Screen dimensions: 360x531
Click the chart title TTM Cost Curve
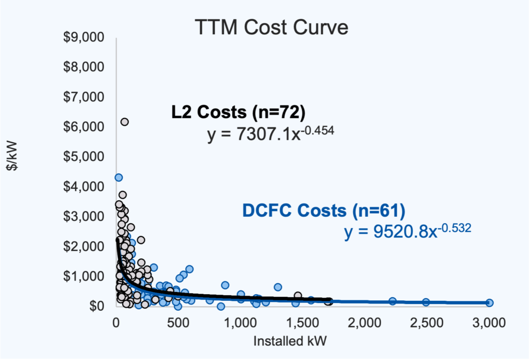pyautogui.click(x=271, y=27)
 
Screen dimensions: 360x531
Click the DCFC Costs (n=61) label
pyautogui.click(x=324, y=211)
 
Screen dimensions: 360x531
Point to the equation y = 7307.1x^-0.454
pyautogui.click(x=270, y=134)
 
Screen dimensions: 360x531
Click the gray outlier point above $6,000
pyautogui.click(x=124, y=122)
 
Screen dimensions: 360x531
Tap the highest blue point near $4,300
pyautogui.click(x=118, y=177)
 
